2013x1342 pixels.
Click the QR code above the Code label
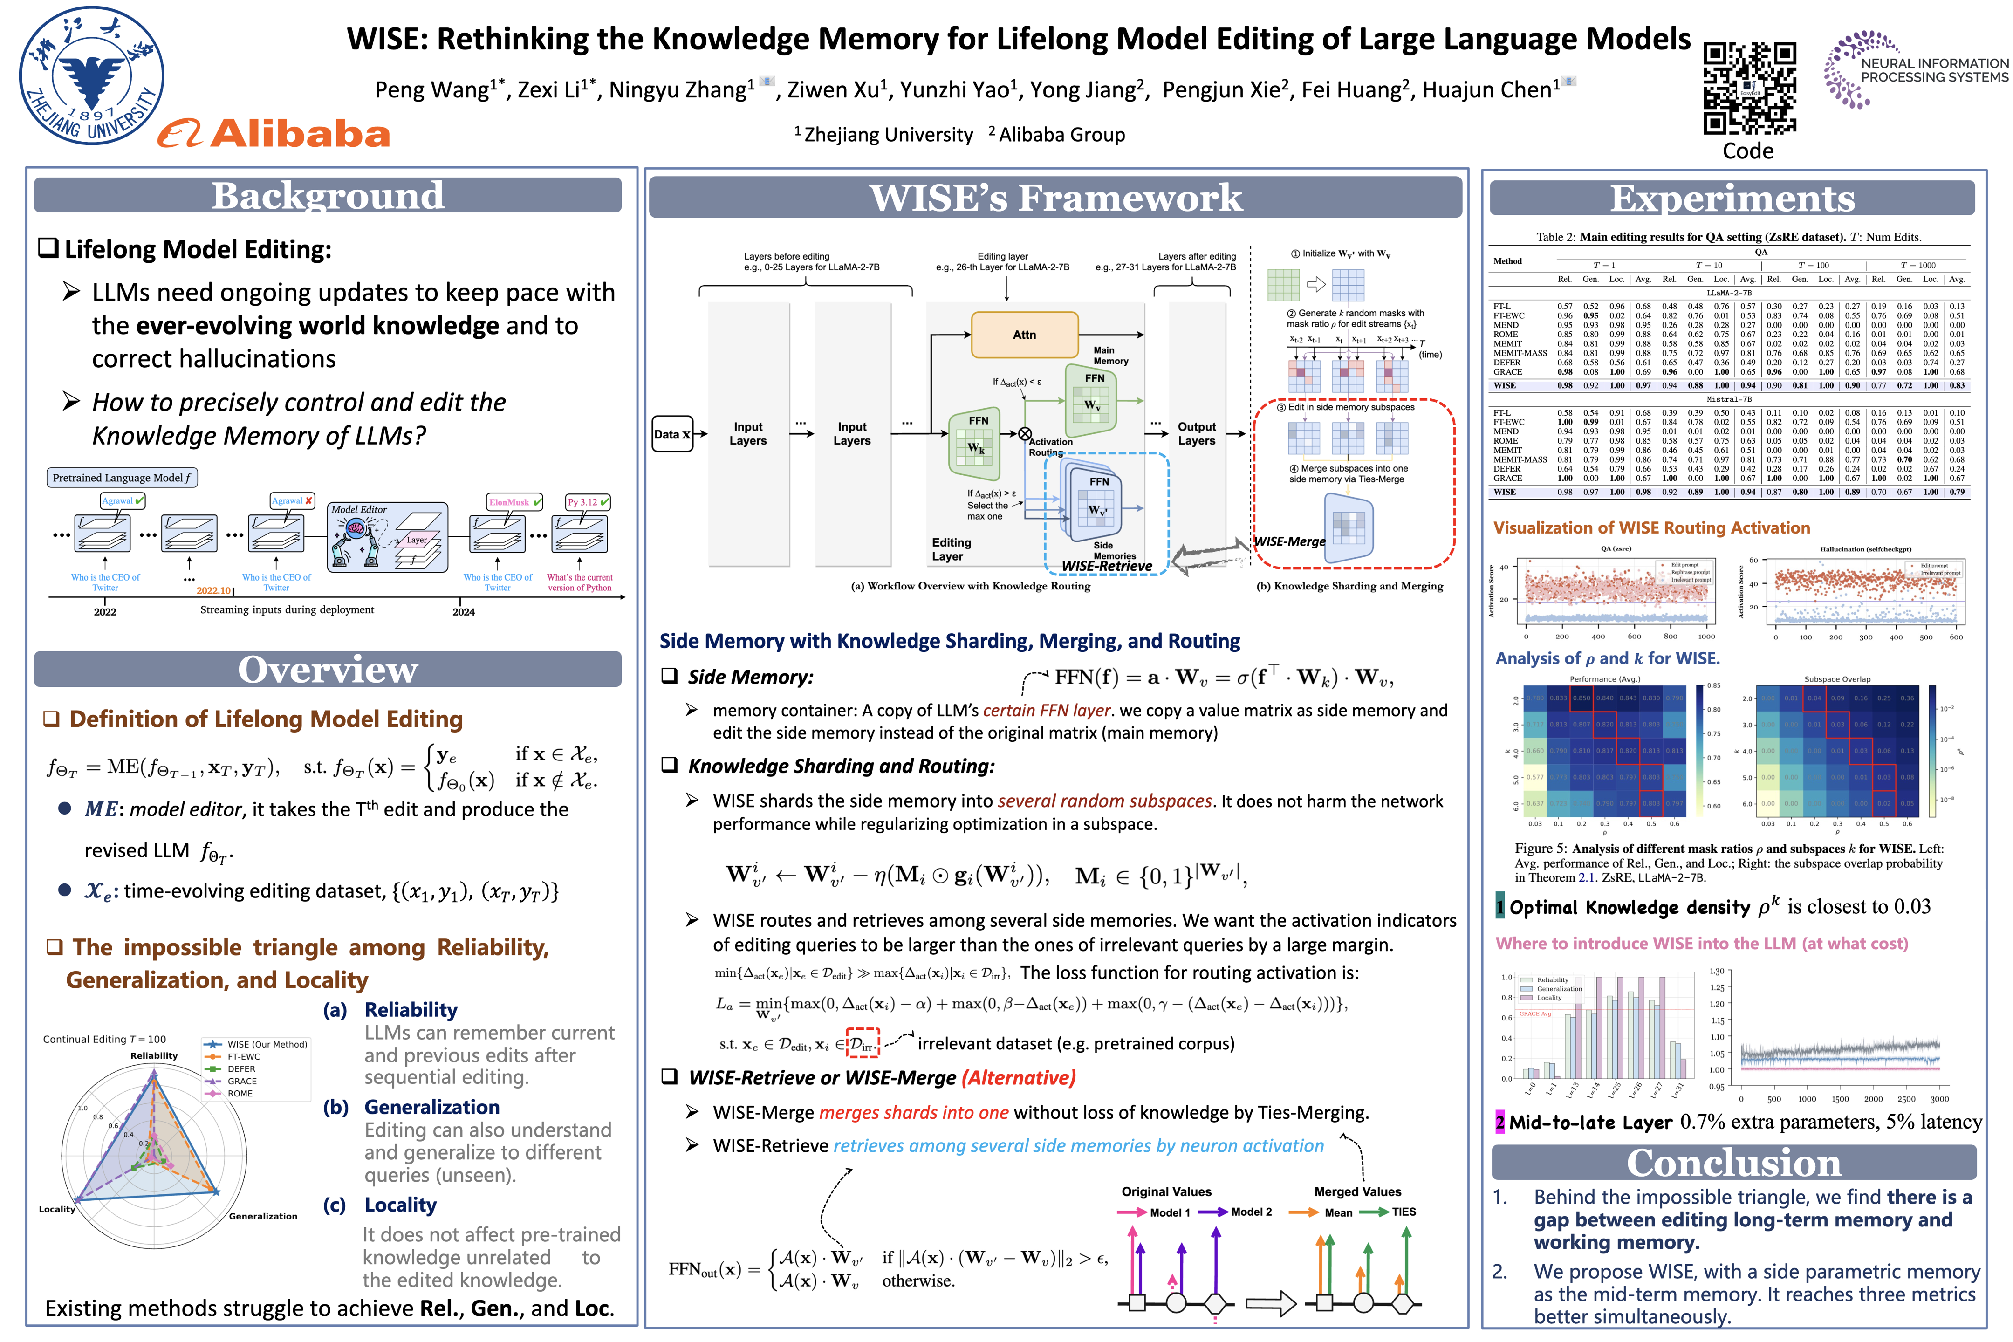pos(1749,88)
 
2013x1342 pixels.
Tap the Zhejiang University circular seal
pos(92,75)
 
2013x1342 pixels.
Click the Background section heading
pos(328,196)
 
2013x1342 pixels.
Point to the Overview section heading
pos(328,669)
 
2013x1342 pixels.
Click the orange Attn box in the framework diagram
pos(1025,335)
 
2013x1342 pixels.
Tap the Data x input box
pos(673,434)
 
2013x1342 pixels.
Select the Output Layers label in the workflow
pos(1197,434)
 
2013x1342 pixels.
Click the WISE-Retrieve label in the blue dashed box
pos(1107,566)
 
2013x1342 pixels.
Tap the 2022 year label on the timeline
pos(105,612)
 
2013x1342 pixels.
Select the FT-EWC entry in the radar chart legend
pos(244,1057)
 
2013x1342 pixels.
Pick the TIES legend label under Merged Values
pos(1404,1212)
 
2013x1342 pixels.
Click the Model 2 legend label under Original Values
pos(1251,1212)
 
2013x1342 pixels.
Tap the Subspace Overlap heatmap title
pos(1837,679)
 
